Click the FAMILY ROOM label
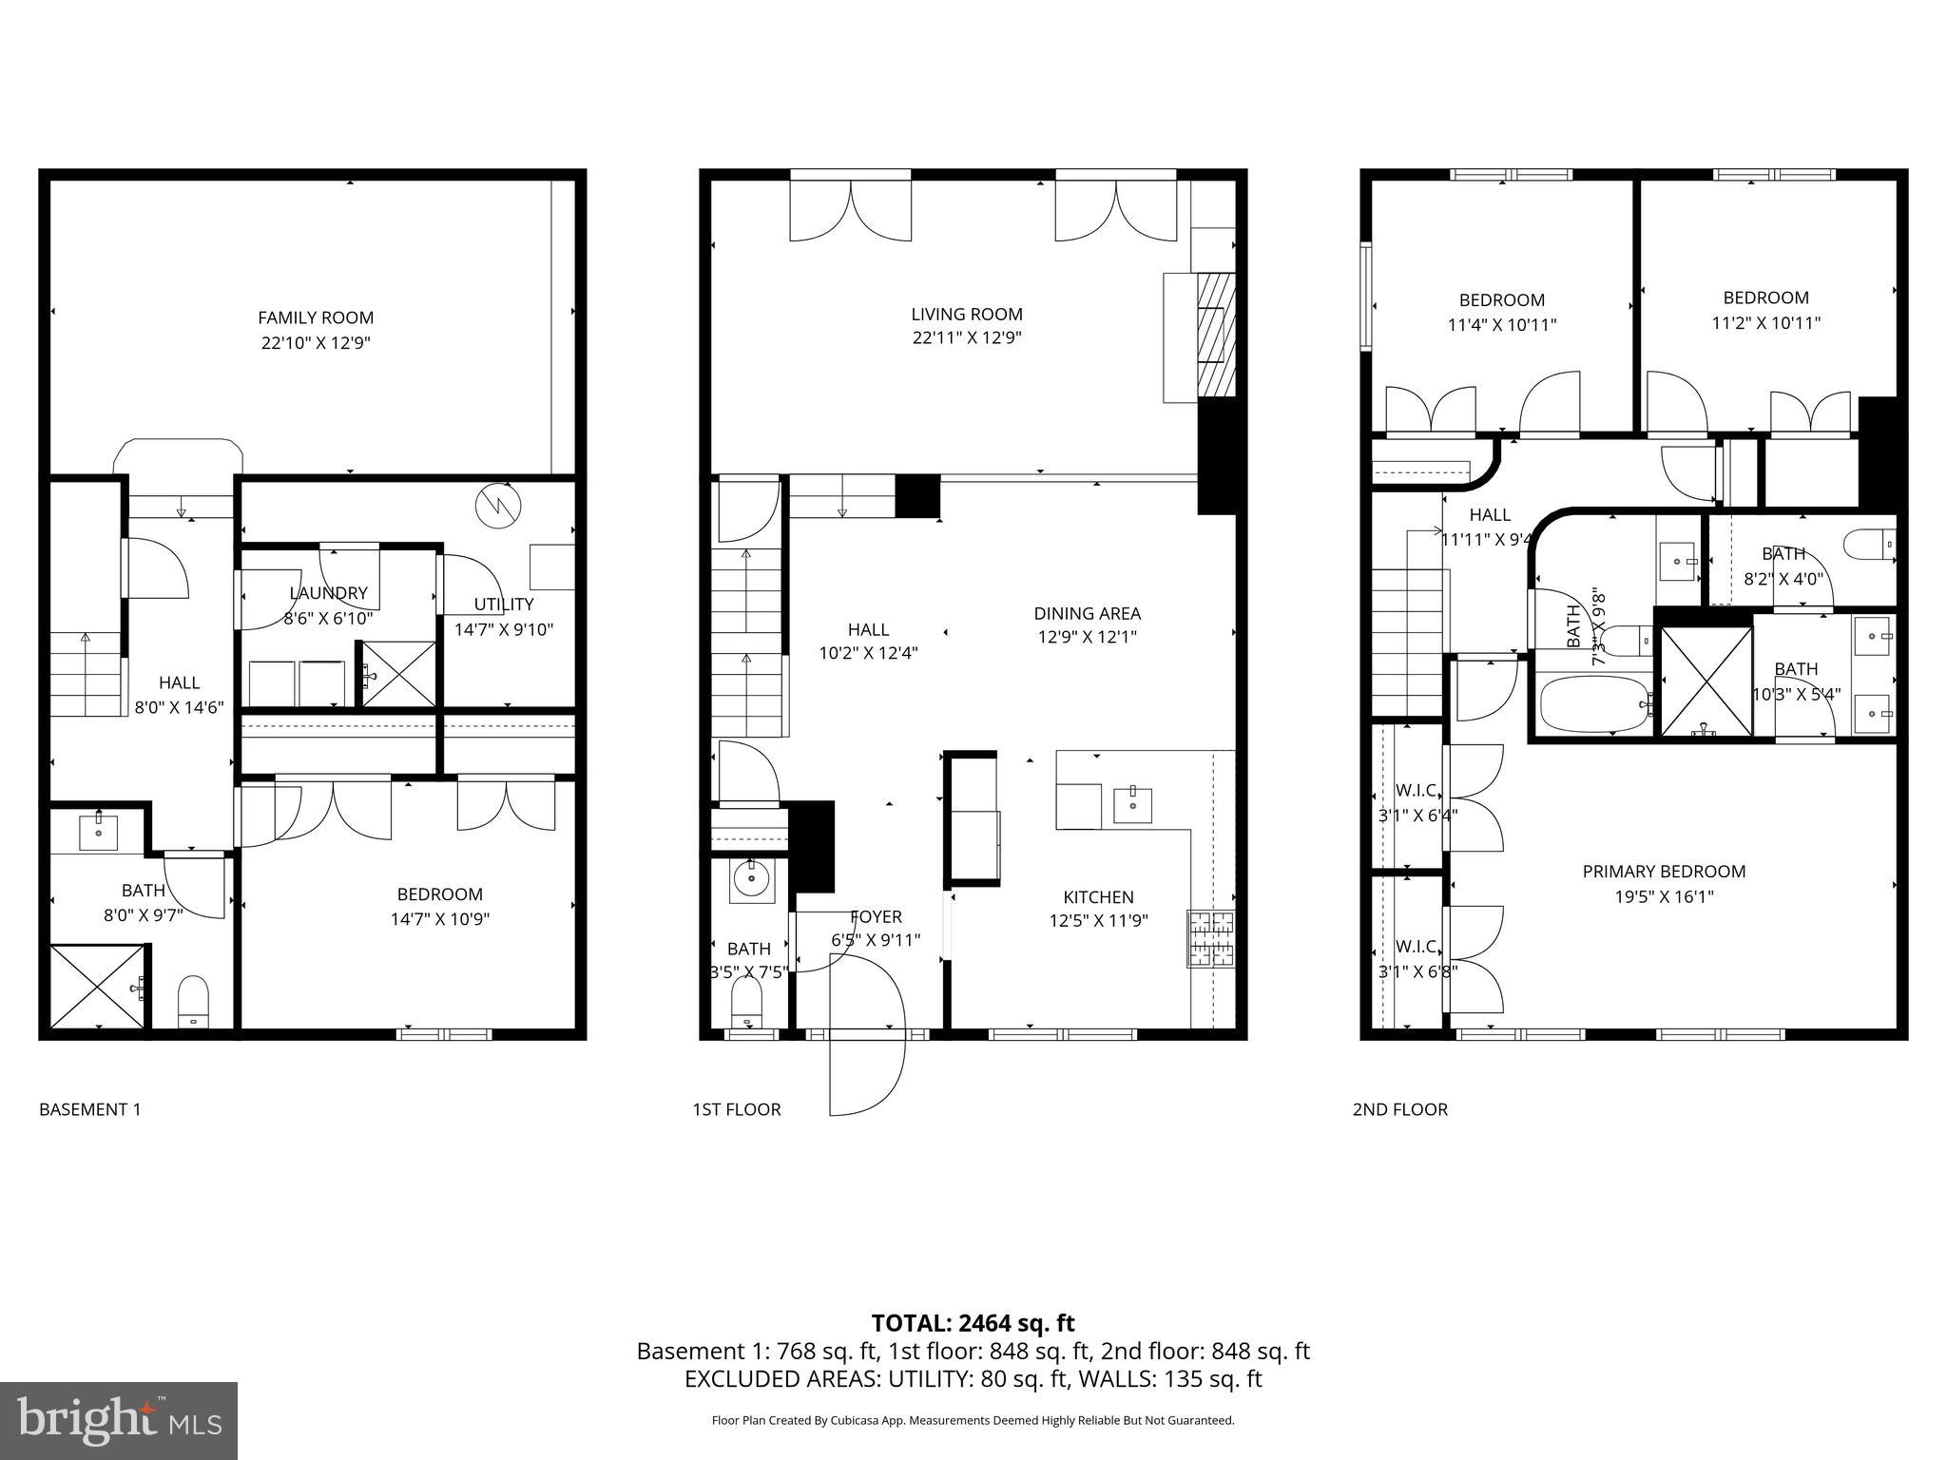point(316,317)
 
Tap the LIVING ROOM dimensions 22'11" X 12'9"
point(966,338)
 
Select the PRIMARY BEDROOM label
point(1664,872)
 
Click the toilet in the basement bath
point(193,1001)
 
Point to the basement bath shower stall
point(98,985)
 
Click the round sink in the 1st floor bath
point(752,879)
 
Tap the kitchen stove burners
point(1210,937)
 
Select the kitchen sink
point(1132,804)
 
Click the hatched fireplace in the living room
point(1216,335)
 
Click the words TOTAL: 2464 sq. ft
point(973,1323)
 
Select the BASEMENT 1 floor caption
point(89,1109)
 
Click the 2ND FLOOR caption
point(1399,1109)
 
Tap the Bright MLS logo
point(118,1421)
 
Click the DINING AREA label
point(1087,614)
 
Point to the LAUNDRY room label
point(328,593)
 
